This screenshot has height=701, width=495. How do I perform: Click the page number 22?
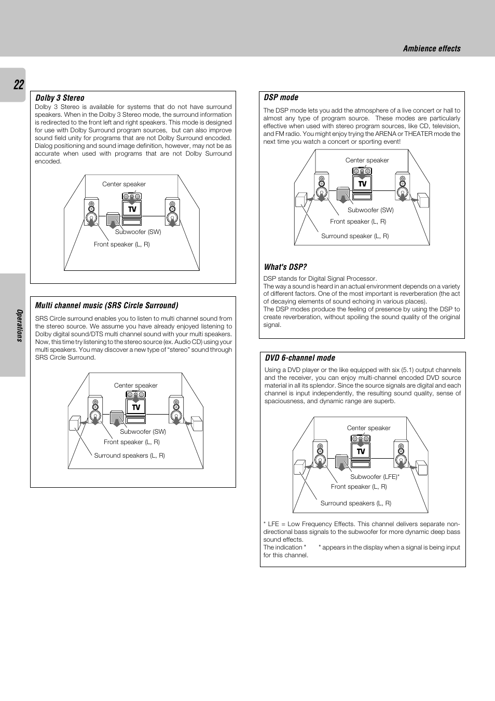click(x=19, y=85)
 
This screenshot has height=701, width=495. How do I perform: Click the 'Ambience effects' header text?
click(x=431, y=49)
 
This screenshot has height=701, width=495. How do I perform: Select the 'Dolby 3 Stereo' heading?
click(x=60, y=98)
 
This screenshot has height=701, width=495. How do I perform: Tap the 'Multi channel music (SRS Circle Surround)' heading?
click(x=106, y=306)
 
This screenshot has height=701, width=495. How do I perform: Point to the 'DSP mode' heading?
click(x=281, y=98)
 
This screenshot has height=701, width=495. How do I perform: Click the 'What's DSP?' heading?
click(x=285, y=267)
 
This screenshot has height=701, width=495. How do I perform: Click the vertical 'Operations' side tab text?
click(x=20, y=325)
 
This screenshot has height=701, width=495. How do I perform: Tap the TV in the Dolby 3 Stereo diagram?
click(x=132, y=209)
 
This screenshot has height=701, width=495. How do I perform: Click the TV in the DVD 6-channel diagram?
click(x=361, y=451)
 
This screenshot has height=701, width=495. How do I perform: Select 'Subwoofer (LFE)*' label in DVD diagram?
click(x=375, y=477)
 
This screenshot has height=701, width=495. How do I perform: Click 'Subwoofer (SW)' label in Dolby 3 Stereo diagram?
click(x=138, y=232)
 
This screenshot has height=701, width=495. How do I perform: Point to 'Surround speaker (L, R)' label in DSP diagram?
click(x=355, y=236)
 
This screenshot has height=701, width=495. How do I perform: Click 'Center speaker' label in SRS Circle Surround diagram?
click(x=135, y=386)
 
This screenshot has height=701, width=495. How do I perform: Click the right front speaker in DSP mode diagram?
click(x=402, y=187)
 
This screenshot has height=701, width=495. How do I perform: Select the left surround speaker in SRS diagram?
click(x=75, y=423)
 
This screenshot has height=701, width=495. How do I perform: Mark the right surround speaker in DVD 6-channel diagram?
click(x=422, y=468)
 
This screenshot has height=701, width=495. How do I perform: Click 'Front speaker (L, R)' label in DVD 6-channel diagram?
click(x=359, y=487)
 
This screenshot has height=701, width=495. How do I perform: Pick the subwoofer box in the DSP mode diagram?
click(x=343, y=194)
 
